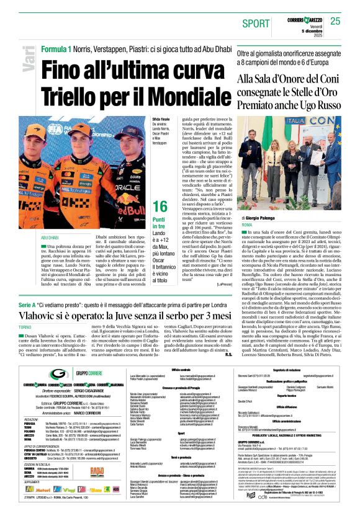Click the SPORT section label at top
coord(256,24)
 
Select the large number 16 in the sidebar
coord(160,207)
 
